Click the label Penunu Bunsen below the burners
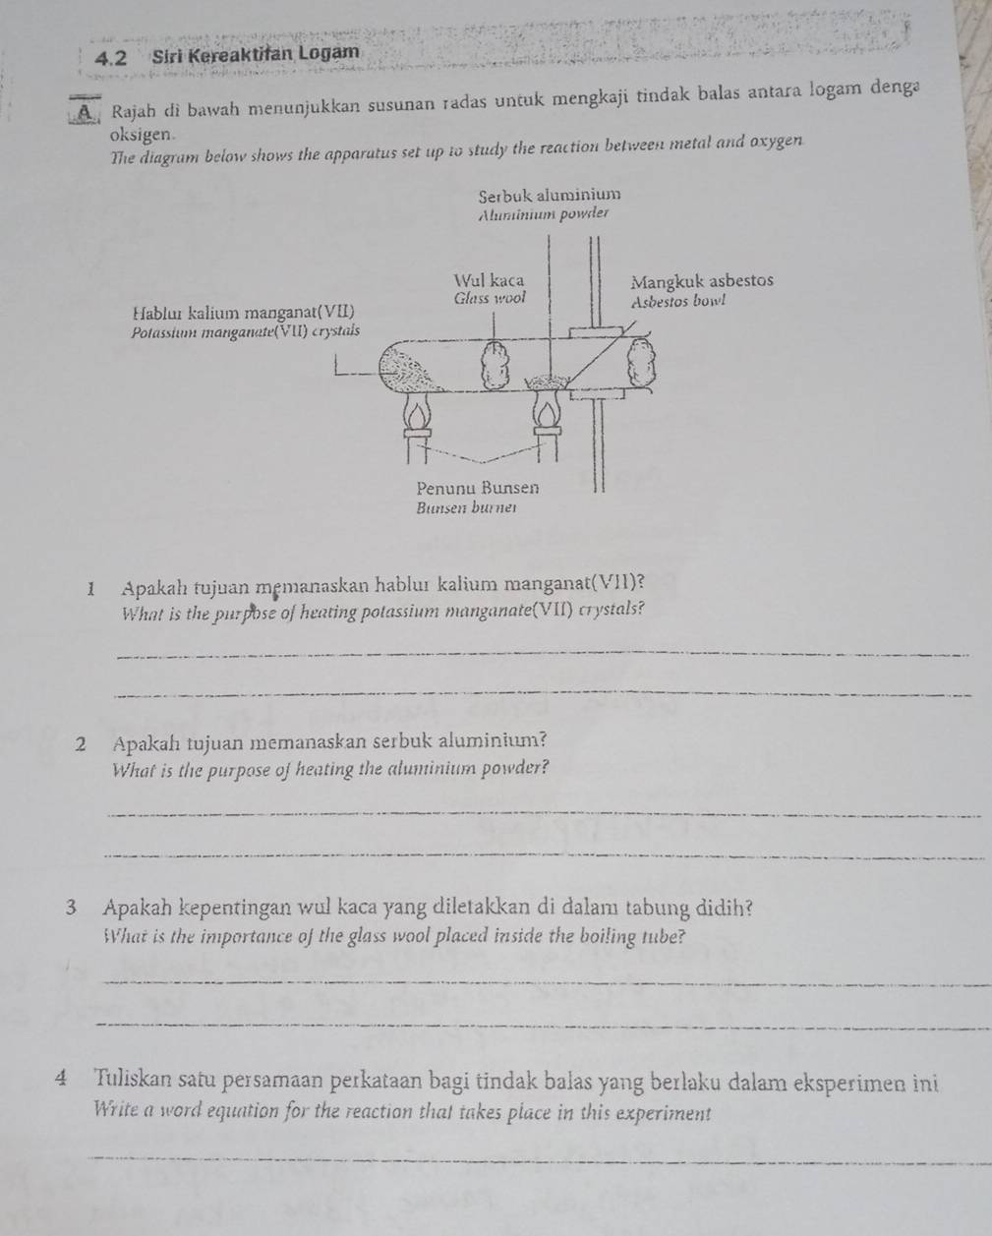click(478, 488)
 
